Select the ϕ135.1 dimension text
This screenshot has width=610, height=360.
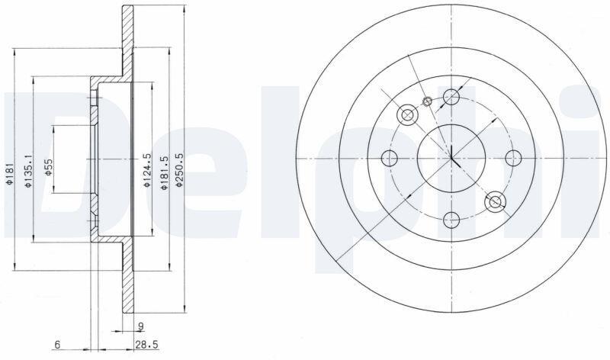pyautogui.click(x=28, y=170)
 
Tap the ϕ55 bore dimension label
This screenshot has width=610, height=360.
pyautogui.click(x=48, y=167)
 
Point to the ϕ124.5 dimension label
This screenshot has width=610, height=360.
pyautogui.click(x=146, y=169)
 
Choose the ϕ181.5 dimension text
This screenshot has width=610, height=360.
pyautogui.click(x=164, y=173)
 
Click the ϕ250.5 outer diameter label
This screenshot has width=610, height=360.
pyautogui.click(x=179, y=170)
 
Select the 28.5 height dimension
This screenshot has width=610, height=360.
pyautogui.click(x=146, y=345)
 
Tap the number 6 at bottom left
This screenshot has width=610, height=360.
pyautogui.click(x=57, y=345)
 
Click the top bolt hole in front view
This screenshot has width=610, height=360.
pyautogui.click(x=451, y=96)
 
